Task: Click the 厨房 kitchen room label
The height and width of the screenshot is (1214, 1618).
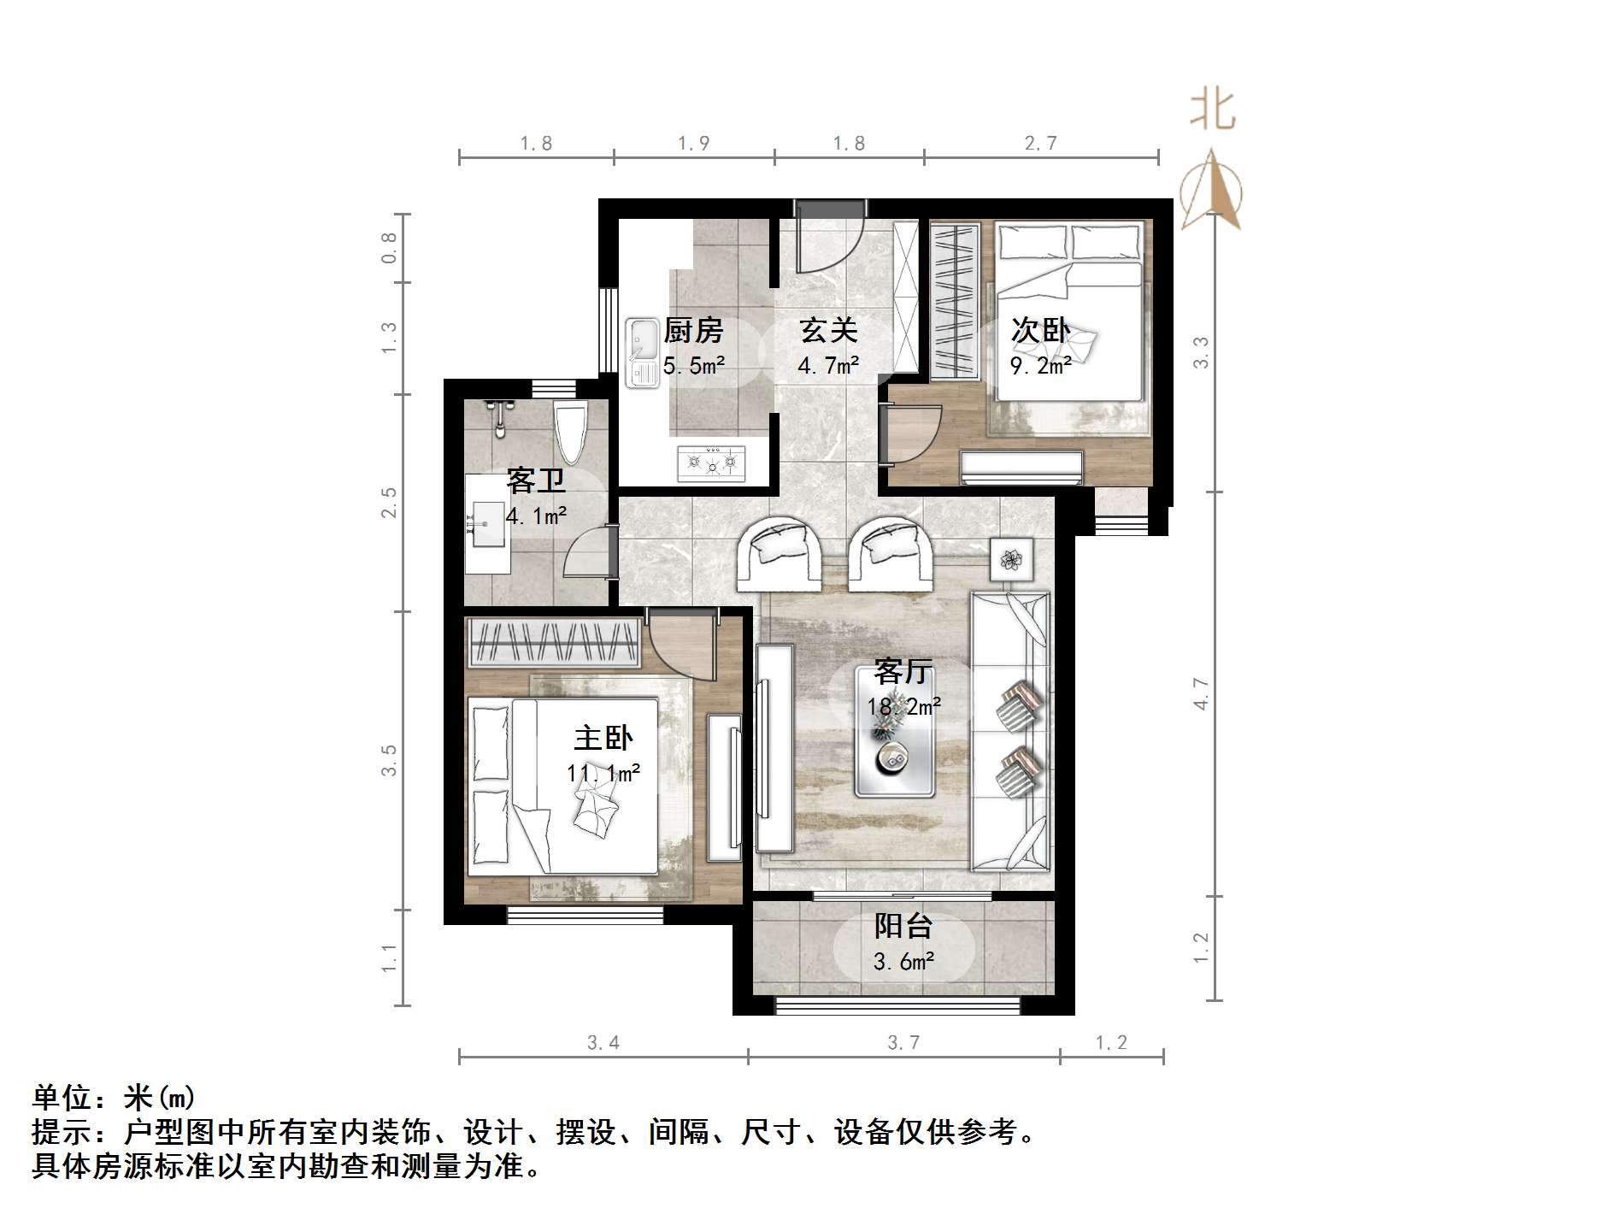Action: [692, 330]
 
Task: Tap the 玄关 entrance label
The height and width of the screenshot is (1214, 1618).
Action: [827, 330]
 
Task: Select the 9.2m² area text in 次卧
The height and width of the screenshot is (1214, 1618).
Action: [1040, 366]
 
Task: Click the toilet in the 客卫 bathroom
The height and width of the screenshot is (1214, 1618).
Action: [569, 432]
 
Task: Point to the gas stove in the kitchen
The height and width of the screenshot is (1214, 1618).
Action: [711, 463]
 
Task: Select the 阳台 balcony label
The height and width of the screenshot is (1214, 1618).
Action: [903, 926]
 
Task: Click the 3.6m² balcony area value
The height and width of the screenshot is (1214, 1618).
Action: [903, 962]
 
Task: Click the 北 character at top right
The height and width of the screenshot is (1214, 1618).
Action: [1213, 111]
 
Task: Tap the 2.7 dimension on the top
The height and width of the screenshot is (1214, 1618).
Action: [1040, 144]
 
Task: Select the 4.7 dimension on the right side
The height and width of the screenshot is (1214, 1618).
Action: [1201, 693]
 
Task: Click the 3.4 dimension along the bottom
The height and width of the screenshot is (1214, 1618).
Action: [603, 1042]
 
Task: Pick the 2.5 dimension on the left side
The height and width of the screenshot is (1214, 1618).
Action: [389, 503]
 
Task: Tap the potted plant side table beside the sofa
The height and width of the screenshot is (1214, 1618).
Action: [1012, 560]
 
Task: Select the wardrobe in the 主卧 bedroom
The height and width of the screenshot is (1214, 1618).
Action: [554, 642]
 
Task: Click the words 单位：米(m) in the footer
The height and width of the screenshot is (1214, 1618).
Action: [114, 1097]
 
